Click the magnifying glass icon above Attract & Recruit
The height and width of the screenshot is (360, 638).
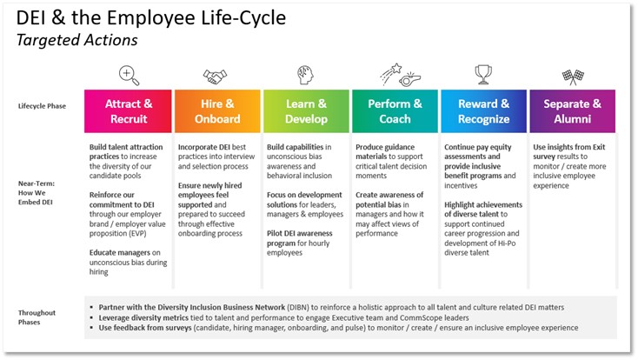[129, 76]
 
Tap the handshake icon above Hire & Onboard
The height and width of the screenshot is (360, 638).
[215, 77]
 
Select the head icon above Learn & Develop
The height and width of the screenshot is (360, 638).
[305, 75]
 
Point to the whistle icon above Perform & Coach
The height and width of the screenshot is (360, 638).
[409, 79]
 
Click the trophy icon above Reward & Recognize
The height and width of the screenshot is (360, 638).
[483, 75]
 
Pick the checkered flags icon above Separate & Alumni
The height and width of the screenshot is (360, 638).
[573, 77]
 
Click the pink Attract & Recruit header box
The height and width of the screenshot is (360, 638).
[128, 111]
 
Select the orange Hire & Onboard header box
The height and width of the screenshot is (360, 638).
[217, 111]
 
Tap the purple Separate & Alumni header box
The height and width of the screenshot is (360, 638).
[573, 111]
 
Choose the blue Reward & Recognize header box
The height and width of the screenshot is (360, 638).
[484, 111]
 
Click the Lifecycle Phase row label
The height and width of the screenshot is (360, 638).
[42, 106]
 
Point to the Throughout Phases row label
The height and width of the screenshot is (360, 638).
[37, 317]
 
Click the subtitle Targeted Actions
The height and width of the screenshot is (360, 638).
[76, 40]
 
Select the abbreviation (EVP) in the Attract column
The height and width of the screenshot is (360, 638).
[137, 233]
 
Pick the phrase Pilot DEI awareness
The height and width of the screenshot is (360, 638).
[300, 233]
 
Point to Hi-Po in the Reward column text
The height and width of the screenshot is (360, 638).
[507, 243]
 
